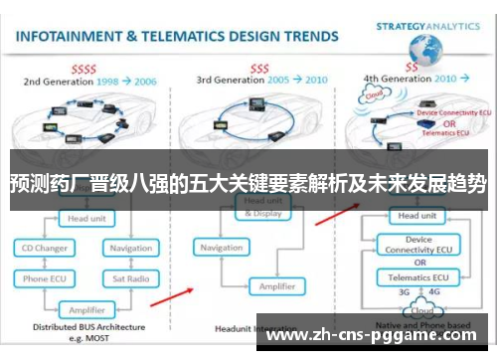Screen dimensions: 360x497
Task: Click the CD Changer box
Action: [x=46, y=248]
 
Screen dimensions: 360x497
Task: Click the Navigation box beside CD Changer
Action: [x=132, y=248]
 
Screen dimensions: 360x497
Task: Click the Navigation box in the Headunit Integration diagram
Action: [x=221, y=248]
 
